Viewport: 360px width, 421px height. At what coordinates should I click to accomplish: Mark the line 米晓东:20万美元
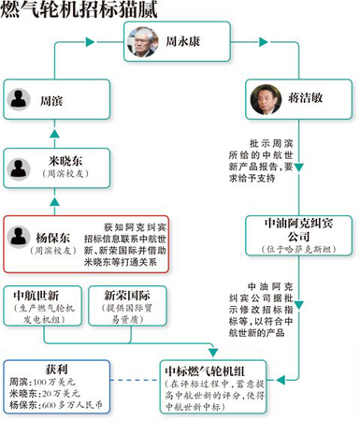(x=40, y=396)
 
